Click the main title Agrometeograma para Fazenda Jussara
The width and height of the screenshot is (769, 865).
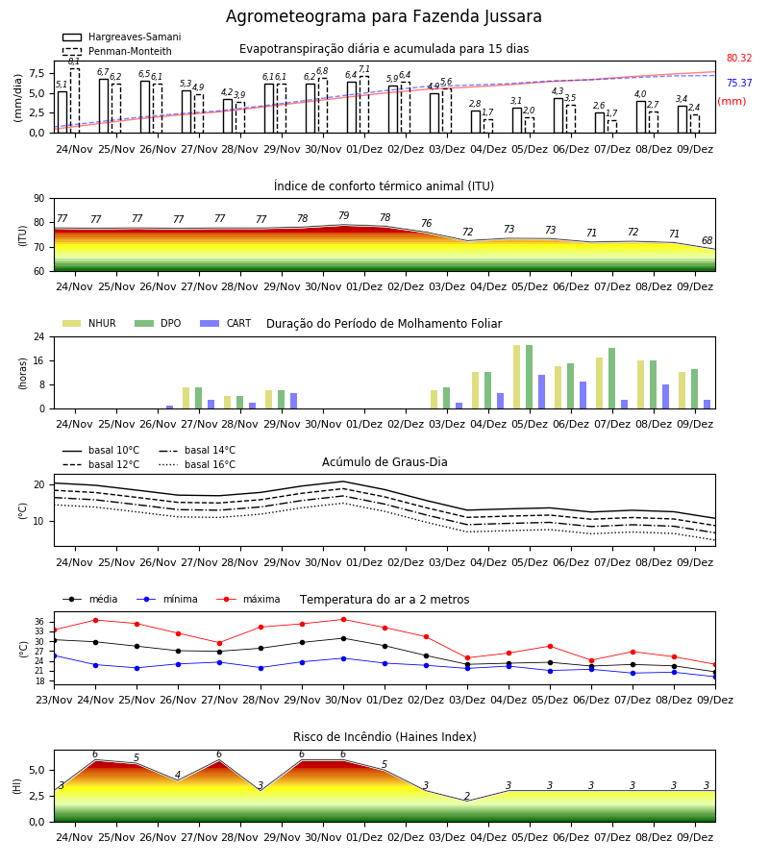coord(384,16)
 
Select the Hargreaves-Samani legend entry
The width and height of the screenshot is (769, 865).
coord(122,37)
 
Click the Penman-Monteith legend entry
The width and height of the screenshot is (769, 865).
coord(117,51)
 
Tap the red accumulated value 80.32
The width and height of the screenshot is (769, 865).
coord(739,58)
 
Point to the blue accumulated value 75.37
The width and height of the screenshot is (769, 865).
coord(739,83)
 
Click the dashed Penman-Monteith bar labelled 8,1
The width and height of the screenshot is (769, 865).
coord(74,100)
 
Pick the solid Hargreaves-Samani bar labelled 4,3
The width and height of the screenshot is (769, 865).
coord(558,115)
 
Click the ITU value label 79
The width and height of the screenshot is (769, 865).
coord(344,215)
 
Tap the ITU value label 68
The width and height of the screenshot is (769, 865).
coord(707,240)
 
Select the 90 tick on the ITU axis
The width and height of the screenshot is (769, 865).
coord(39,199)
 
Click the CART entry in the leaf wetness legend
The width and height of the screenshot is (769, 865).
coord(226,323)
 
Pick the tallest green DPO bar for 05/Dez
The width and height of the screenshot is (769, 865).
coord(529,377)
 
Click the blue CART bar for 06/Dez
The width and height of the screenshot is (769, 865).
coord(583,395)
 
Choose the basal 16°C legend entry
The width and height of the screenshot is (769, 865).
coord(197,464)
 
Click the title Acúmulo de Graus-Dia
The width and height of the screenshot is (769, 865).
coord(384,461)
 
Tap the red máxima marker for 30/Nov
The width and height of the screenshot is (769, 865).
coord(344,620)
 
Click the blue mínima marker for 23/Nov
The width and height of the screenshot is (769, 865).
coord(54,655)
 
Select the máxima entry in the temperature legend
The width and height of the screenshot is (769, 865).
coord(248,599)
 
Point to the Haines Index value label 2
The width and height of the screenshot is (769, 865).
coord(467,796)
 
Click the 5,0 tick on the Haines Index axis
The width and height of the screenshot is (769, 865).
coord(37,770)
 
